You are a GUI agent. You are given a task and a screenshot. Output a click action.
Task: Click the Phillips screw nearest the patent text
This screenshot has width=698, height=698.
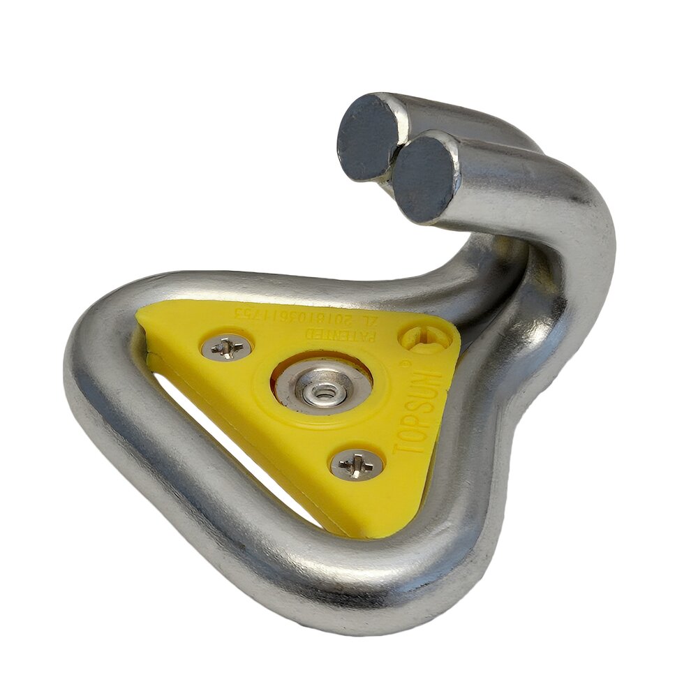click(228, 346)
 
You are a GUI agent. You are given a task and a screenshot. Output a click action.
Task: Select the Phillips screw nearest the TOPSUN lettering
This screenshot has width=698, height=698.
click(357, 464)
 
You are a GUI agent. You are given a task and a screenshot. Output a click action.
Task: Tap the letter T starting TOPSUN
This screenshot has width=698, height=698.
click(405, 447)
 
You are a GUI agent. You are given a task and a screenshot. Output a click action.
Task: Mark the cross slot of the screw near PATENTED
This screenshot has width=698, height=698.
click(228, 346)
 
